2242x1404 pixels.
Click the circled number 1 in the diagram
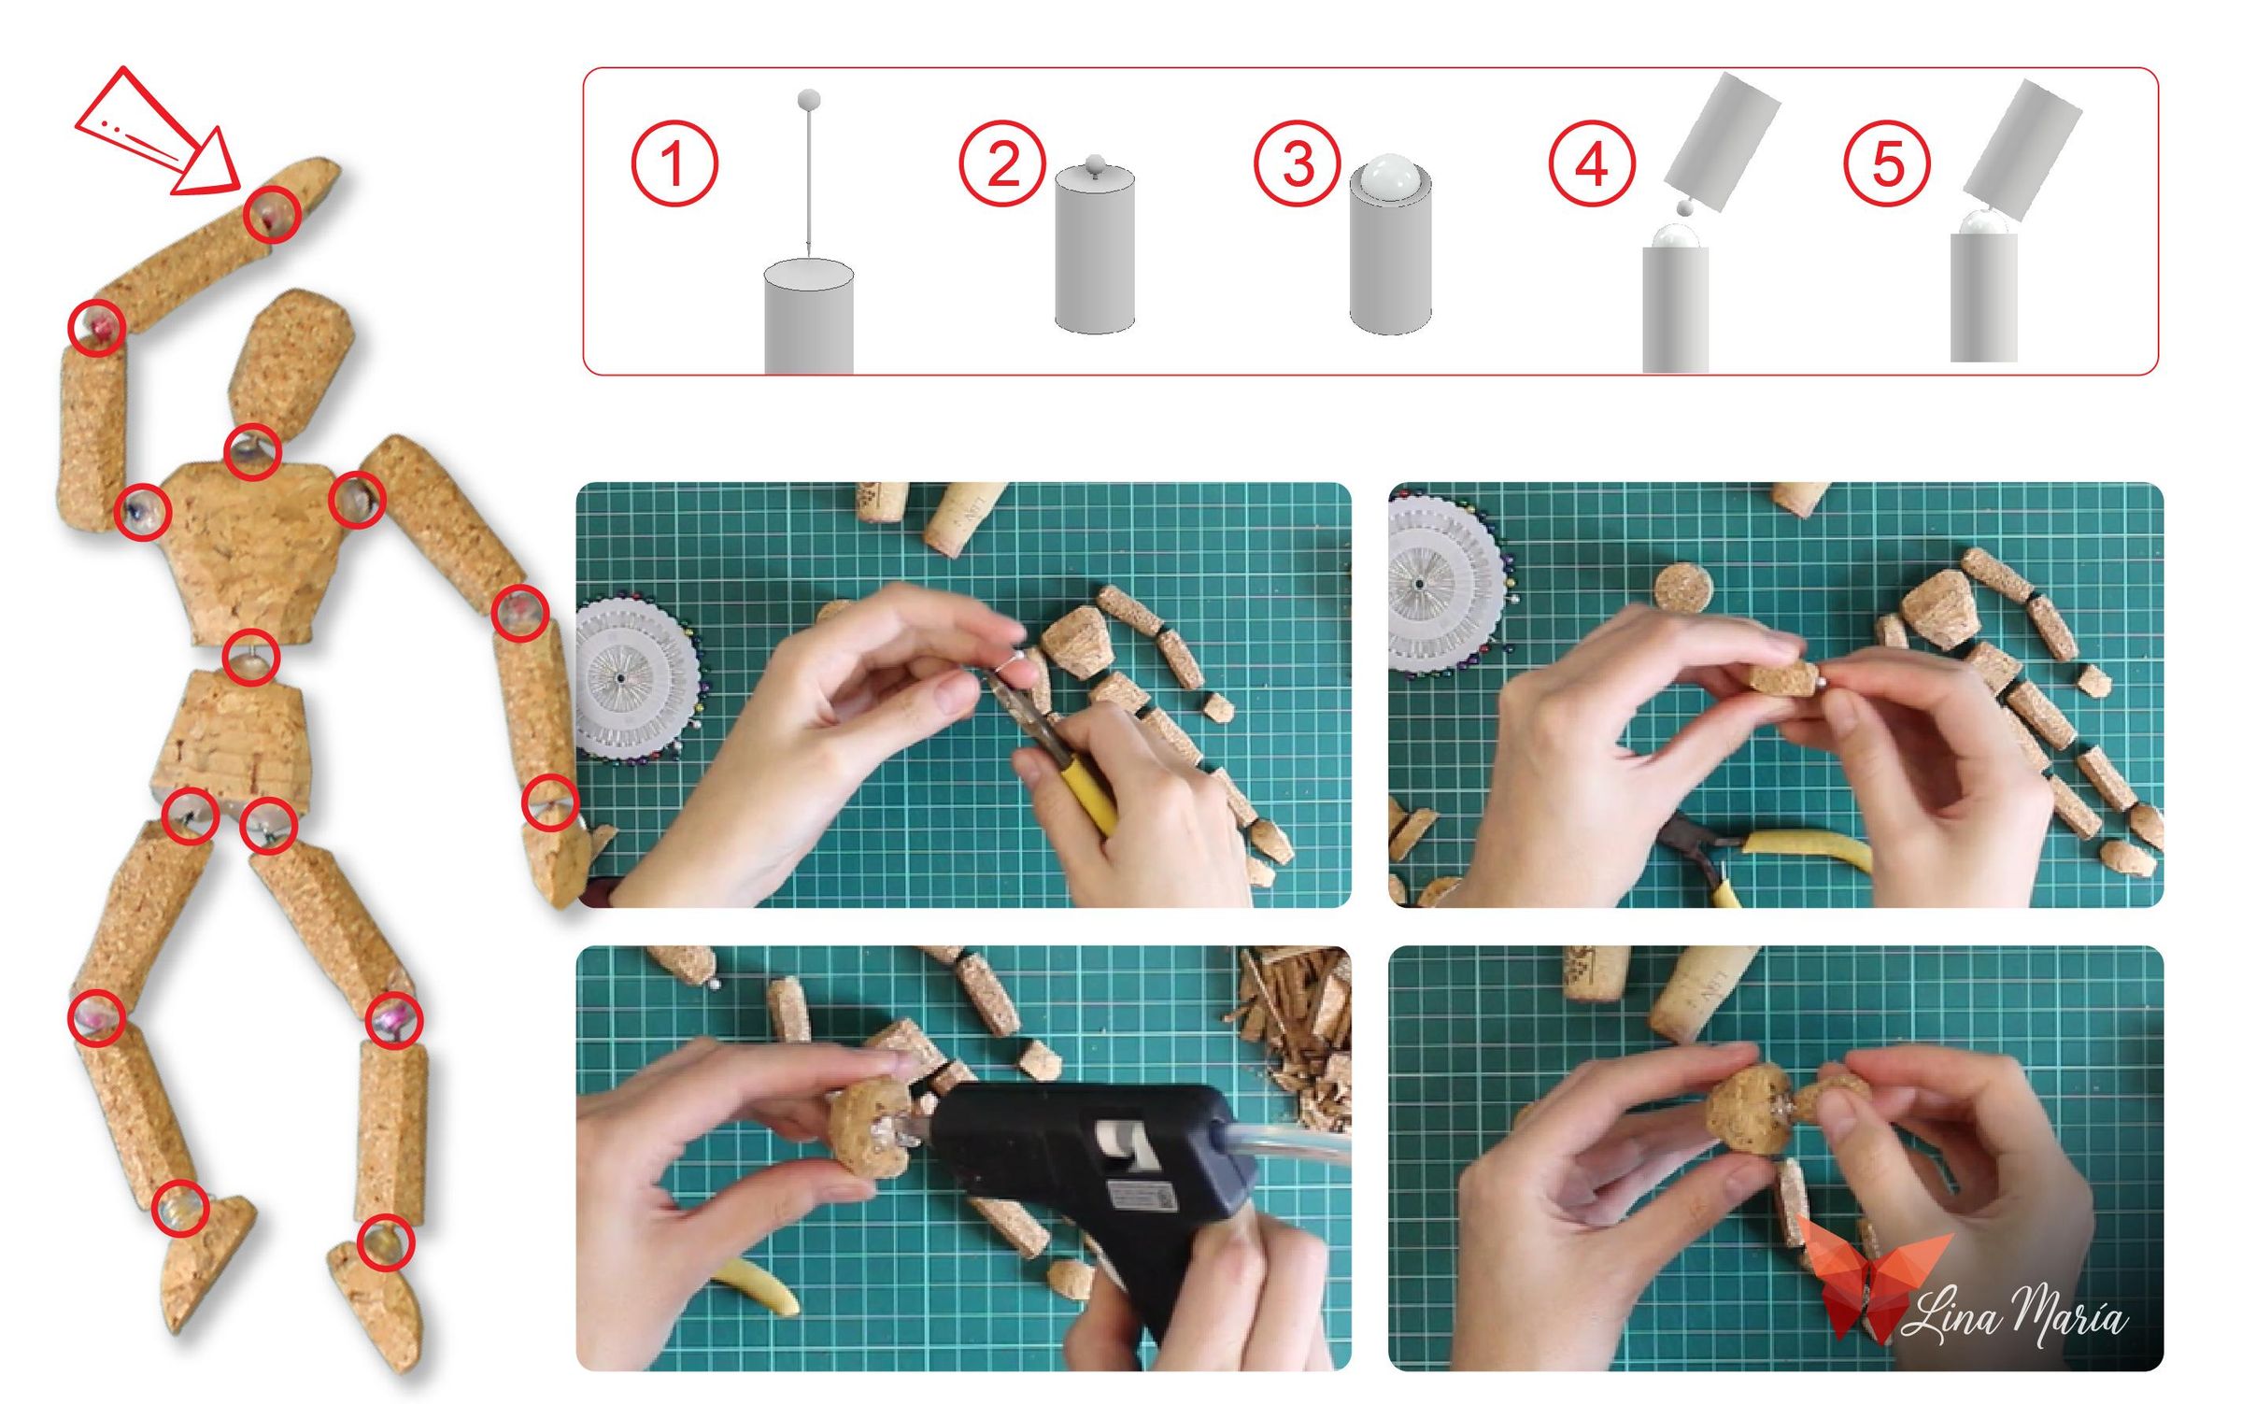[674, 163]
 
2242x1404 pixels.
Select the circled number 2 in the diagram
[1002, 163]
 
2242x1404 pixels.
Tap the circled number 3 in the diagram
[1297, 163]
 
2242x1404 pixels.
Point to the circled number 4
[1592, 163]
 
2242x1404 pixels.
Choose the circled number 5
[1887, 163]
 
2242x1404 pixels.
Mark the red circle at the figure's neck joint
[252, 452]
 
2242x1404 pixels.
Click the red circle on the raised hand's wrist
[272, 214]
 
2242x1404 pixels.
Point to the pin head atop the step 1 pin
[809, 99]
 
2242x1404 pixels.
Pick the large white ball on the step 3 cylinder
[1389, 177]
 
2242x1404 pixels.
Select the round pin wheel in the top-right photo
[1448, 584]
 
